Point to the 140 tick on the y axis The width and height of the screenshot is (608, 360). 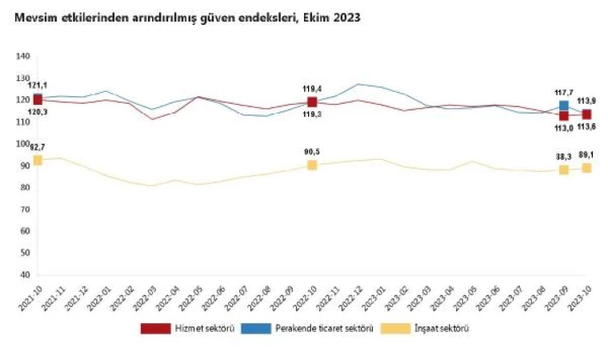[22, 56]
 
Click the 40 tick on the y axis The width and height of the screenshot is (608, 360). [25, 274]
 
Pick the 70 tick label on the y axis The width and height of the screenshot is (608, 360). [25, 209]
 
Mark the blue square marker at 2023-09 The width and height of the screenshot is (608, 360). [564, 106]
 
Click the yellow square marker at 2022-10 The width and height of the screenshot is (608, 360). [312, 165]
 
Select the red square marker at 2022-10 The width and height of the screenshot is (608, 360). [312, 102]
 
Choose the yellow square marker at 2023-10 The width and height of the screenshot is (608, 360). [586, 168]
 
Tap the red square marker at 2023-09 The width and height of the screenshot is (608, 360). [564, 116]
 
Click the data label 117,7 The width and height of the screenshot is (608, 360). [564, 92]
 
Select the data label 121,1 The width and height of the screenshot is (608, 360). [38, 85]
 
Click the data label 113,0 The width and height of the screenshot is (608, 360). [563, 128]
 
